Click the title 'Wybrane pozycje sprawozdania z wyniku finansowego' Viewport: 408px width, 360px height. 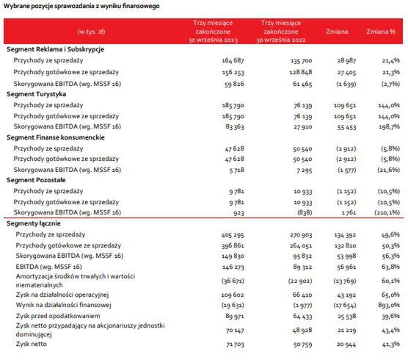(x=81, y=6)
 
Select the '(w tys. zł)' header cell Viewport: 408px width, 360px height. (x=91, y=32)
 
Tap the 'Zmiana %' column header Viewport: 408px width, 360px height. (x=381, y=32)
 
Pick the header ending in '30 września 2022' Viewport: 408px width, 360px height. (x=281, y=32)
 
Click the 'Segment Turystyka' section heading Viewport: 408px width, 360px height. (x=37, y=94)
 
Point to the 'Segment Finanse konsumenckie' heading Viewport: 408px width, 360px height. (x=56, y=137)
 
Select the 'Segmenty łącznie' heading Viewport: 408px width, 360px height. (x=34, y=223)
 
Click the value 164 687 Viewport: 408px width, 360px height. (x=233, y=61)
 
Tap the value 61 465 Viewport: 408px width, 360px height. (x=302, y=84)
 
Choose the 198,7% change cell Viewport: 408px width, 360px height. (x=389, y=127)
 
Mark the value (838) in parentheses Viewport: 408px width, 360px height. (x=305, y=212)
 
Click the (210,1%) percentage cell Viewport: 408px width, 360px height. (x=387, y=212)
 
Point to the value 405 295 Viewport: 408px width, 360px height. (x=233, y=235)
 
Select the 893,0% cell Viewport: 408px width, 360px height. (x=389, y=305)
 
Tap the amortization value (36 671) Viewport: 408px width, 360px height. (x=233, y=281)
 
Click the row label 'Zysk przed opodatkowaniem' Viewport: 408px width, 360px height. (x=58, y=316)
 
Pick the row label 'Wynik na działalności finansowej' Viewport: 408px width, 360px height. (x=64, y=305)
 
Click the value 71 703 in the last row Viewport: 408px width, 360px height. (x=236, y=345)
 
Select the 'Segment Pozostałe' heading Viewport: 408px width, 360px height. (x=36, y=180)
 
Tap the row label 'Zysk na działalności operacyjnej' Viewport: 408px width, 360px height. (x=62, y=295)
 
